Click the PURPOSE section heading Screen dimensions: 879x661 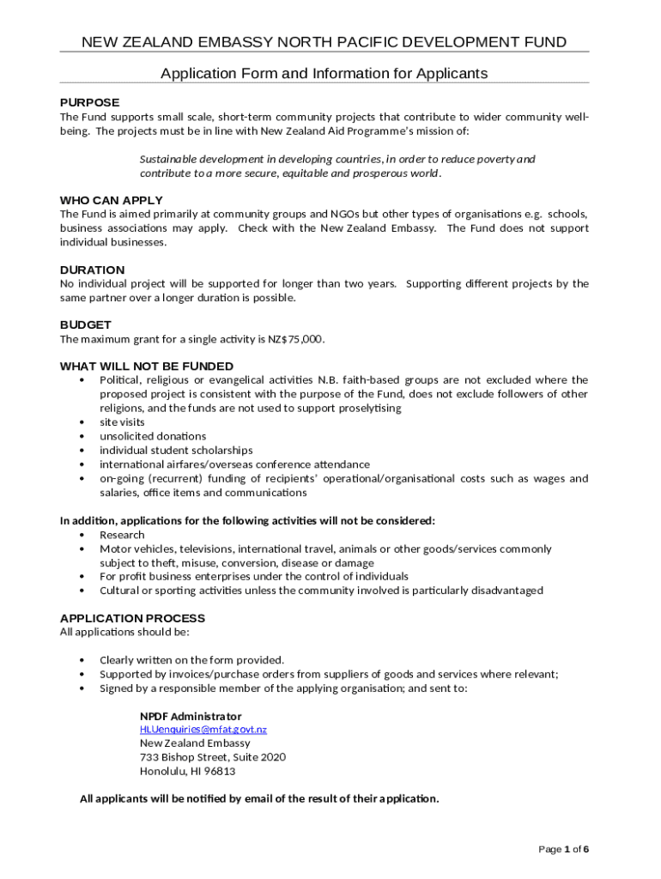(x=89, y=102)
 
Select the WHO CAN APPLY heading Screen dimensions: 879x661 (x=111, y=200)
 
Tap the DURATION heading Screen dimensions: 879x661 (x=92, y=270)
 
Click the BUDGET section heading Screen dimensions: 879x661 (x=85, y=324)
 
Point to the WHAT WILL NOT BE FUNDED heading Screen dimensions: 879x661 (x=146, y=366)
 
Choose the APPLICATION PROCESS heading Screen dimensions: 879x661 (x=132, y=618)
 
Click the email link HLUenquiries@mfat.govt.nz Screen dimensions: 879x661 (x=203, y=730)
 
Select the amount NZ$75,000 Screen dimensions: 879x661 (x=296, y=339)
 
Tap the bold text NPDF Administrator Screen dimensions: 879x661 (x=191, y=716)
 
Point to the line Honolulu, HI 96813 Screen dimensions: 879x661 (x=187, y=771)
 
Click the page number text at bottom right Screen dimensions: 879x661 (x=563, y=849)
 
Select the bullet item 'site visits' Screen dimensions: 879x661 (x=122, y=422)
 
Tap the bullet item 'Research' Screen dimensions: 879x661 (x=122, y=535)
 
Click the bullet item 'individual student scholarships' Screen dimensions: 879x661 (x=176, y=450)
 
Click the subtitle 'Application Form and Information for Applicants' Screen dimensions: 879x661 (x=324, y=74)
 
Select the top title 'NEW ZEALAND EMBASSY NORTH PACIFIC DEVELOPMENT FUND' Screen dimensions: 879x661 (x=324, y=42)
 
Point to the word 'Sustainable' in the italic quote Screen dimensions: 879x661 (x=169, y=159)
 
